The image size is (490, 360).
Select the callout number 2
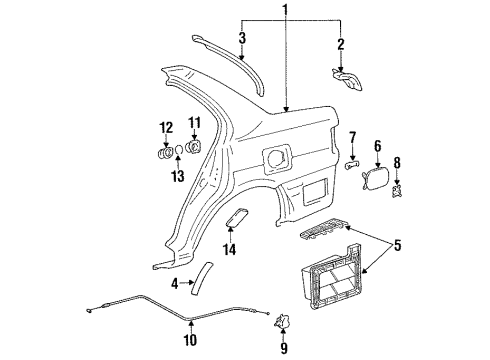click(x=340, y=44)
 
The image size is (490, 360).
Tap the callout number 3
click(x=241, y=38)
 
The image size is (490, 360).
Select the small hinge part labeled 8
click(x=398, y=187)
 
